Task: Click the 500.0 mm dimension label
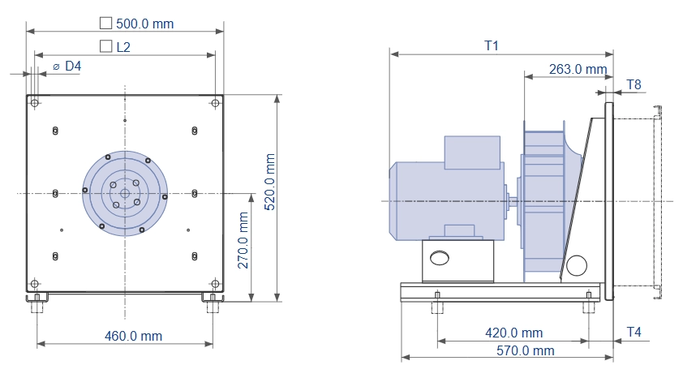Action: pyautogui.click(x=144, y=24)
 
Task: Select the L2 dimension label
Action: pyautogui.click(x=123, y=47)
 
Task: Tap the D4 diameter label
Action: pyautogui.click(x=73, y=67)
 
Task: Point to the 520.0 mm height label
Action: pyautogui.click(x=270, y=182)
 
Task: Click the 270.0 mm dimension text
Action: pyautogui.click(x=243, y=240)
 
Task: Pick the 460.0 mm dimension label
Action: pyautogui.click(x=133, y=336)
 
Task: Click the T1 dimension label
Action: pyautogui.click(x=492, y=45)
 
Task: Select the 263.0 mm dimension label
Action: pyautogui.click(x=578, y=69)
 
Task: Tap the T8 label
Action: pyautogui.click(x=634, y=84)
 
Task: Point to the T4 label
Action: pyautogui.click(x=634, y=333)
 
